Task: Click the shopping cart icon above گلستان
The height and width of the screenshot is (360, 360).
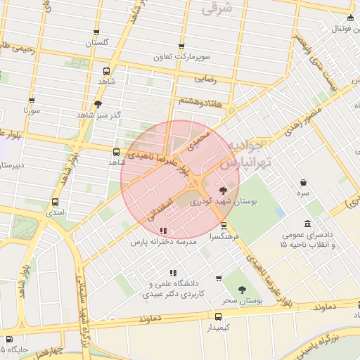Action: click(x=97, y=32)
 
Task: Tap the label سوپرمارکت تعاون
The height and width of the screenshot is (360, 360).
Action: click(x=186, y=56)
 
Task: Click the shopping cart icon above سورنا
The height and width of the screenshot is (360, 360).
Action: click(x=32, y=101)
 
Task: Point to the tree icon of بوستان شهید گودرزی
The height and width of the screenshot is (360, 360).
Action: click(x=223, y=190)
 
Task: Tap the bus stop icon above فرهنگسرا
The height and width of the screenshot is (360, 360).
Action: click(x=224, y=226)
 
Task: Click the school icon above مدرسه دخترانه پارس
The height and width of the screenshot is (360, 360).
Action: click(x=163, y=230)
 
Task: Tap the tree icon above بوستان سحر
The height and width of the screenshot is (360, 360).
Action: click(x=242, y=290)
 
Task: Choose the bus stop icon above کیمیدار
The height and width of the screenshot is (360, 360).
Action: click(x=218, y=316)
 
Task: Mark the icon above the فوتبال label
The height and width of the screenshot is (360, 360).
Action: click(x=350, y=18)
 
